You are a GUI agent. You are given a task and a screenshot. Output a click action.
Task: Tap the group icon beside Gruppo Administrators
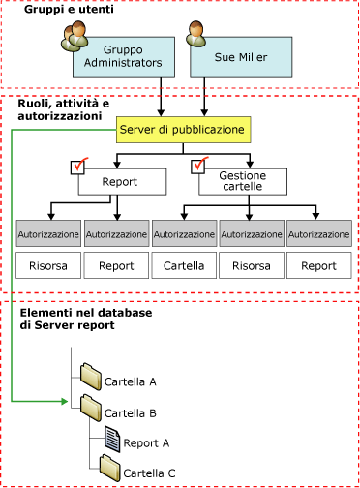pyautogui.click(x=76, y=37)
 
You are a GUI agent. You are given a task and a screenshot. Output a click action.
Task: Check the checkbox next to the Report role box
pyautogui.click(x=82, y=167)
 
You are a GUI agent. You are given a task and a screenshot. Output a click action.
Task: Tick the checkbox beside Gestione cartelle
pyautogui.click(x=202, y=167)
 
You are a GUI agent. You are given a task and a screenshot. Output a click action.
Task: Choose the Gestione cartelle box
pyautogui.click(x=249, y=181)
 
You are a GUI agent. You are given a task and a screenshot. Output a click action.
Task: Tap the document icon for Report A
pyautogui.click(x=112, y=439)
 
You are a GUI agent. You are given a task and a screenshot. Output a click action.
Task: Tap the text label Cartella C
pyautogui.click(x=147, y=473)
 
